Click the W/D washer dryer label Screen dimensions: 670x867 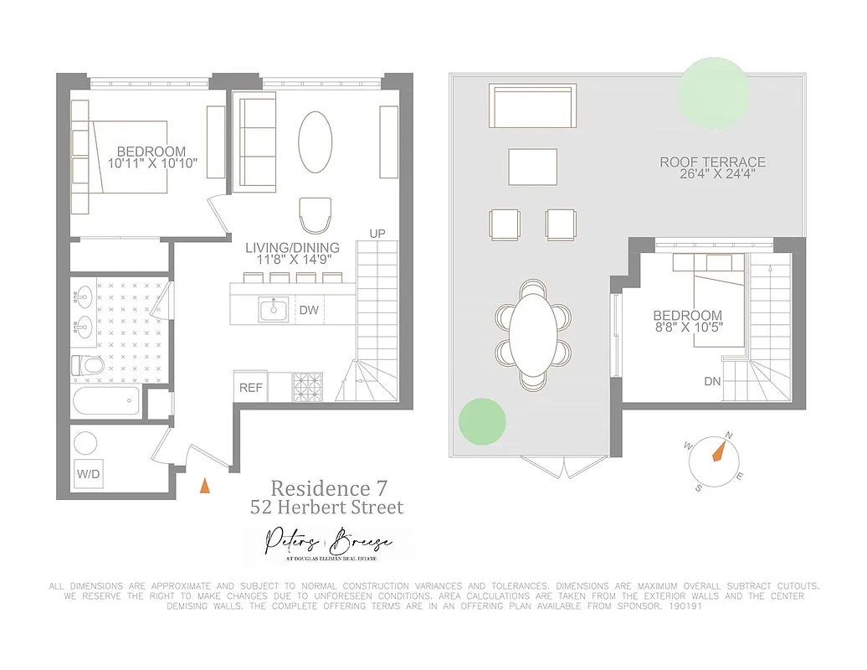tap(88, 474)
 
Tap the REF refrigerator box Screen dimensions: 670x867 tap(251, 387)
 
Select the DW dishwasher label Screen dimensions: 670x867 tap(309, 310)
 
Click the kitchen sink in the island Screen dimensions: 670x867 tap(273, 310)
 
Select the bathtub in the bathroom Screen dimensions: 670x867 tap(105, 400)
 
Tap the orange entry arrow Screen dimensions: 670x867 tap(204, 484)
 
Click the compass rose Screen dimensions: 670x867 tap(716, 453)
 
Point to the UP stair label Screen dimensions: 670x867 tap(377, 233)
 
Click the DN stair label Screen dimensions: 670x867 tap(713, 381)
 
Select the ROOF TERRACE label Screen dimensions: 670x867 tap(712, 162)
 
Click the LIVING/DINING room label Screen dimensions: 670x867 tap(292, 248)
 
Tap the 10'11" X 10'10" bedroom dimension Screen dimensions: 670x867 tap(157, 163)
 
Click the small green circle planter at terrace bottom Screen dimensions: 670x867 tap(482, 421)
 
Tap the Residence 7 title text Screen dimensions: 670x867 tap(328, 487)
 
